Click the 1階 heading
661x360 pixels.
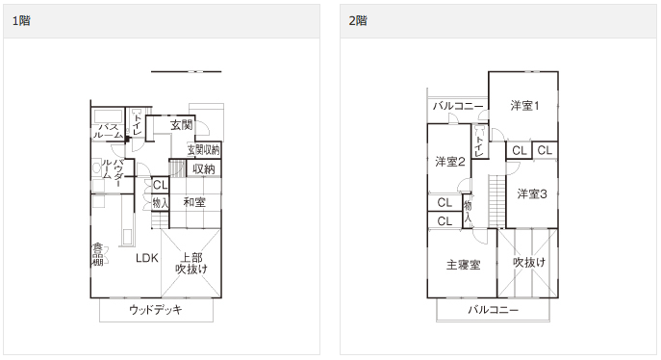coord(21,20)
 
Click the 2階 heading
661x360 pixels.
coord(358,20)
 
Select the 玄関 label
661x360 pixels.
coord(182,125)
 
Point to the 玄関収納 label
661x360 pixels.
coord(204,149)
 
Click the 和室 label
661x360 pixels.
coord(195,202)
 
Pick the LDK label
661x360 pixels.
coord(146,257)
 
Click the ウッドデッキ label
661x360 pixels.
coord(156,311)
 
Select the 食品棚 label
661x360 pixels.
coord(97,254)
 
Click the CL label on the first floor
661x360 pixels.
coord(160,185)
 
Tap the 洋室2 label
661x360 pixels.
coord(450,161)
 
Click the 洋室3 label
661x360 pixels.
coord(531,194)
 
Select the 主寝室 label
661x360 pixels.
coord(463,265)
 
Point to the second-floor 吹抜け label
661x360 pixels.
coord(529,262)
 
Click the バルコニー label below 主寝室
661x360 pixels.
coord(494,310)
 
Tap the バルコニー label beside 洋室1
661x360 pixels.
coord(457,106)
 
